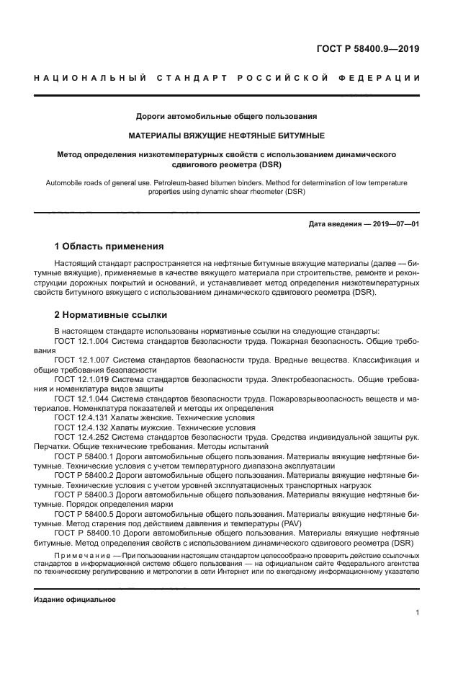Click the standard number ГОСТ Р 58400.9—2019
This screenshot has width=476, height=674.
click(x=368, y=50)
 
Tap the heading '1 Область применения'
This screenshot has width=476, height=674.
click(x=109, y=246)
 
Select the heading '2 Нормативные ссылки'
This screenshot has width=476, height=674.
click(x=111, y=314)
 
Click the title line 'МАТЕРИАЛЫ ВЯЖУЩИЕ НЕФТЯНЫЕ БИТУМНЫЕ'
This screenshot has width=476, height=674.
click(x=226, y=135)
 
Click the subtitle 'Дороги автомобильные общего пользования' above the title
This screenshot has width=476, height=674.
click(x=226, y=115)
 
